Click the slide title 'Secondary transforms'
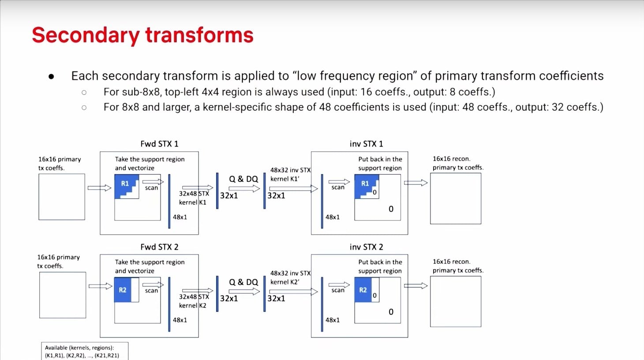(142, 35)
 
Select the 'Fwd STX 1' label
(159, 144)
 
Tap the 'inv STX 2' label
(366, 247)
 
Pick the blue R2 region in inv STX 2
(363, 290)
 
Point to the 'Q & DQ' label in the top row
(243, 179)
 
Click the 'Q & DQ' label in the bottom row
(243, 282)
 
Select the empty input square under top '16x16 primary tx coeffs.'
(62, 197)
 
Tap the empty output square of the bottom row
(456, 302)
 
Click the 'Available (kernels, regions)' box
(85, 351)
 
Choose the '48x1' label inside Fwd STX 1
(180, 217)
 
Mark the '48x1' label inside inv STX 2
(333, 320)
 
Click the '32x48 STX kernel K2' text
(193, 301)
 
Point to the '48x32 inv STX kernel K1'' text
(290, 174)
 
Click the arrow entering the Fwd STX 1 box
(99, 188)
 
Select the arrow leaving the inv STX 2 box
(416, 286)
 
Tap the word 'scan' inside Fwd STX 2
(151, 291)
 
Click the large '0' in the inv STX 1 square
(391, 209)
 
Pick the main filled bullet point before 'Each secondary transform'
(51, 77)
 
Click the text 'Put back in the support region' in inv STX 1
(380, 163)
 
